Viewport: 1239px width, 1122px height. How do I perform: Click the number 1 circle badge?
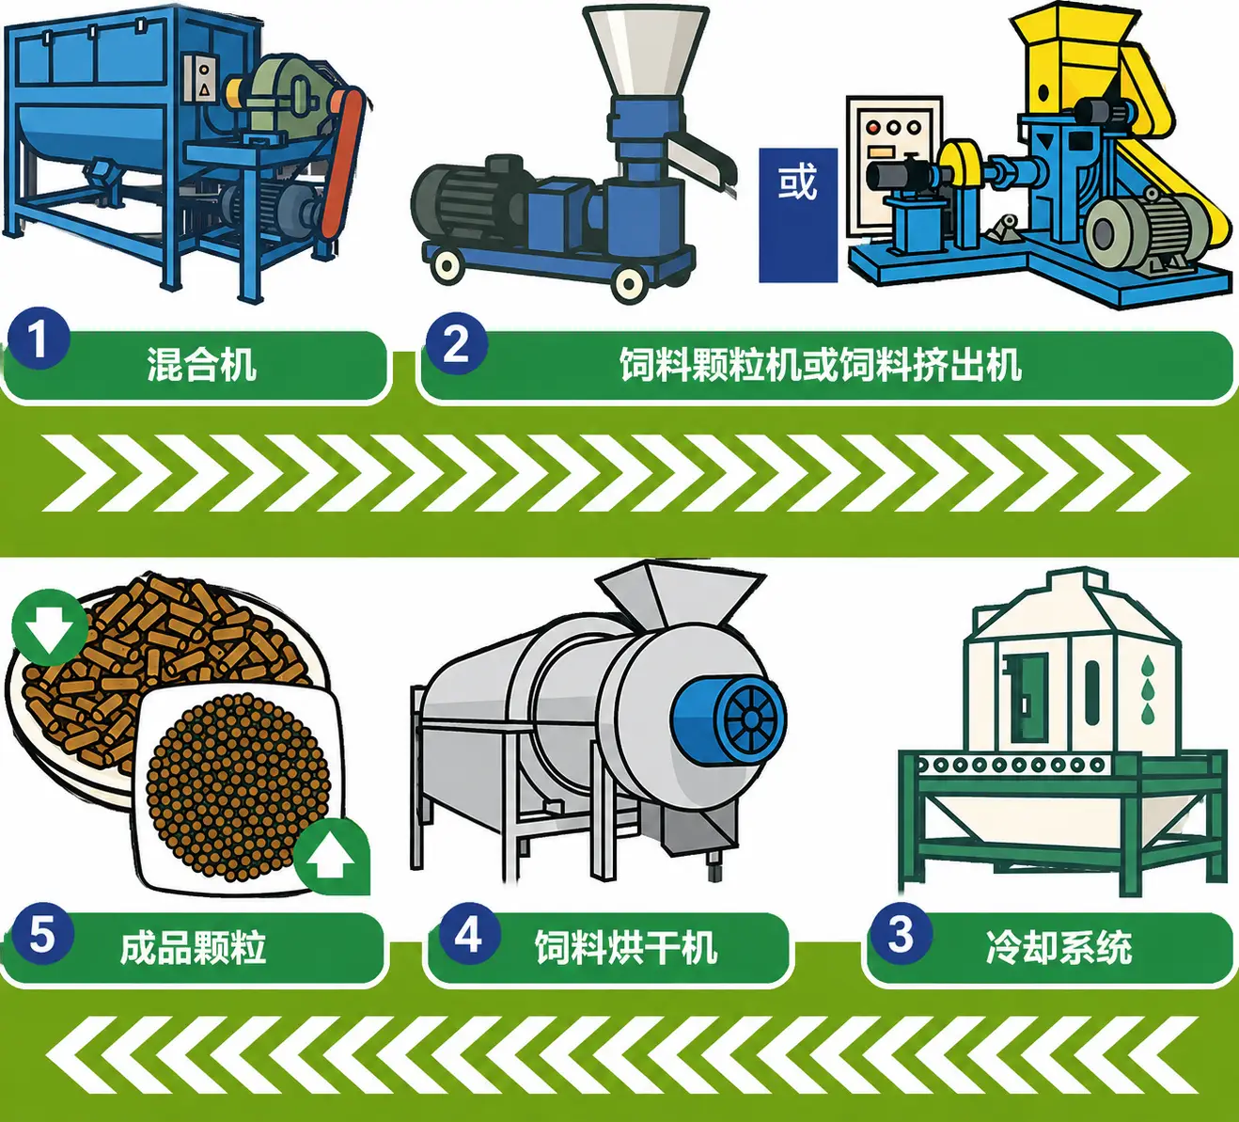tap(39, 339)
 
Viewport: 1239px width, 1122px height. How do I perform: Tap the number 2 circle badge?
tap(456, 343)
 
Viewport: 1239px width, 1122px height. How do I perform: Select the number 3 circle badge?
tap(900, 934)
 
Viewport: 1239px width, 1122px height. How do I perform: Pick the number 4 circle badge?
tap(469, 934)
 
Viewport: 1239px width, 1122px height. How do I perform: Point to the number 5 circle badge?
tap(42, 934)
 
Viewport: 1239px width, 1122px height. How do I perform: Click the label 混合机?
tap(201, 365)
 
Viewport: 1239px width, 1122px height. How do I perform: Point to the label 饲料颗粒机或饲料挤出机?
tap(821, 365)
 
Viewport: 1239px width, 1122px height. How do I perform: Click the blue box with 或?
tap(798, 214)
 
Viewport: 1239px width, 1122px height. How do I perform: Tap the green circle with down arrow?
tap(50, 627)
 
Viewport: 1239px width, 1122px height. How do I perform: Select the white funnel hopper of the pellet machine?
tap(646, 52)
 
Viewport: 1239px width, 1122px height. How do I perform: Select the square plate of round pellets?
tap(238, 788)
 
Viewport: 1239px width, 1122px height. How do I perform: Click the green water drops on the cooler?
tap(1147, 689)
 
